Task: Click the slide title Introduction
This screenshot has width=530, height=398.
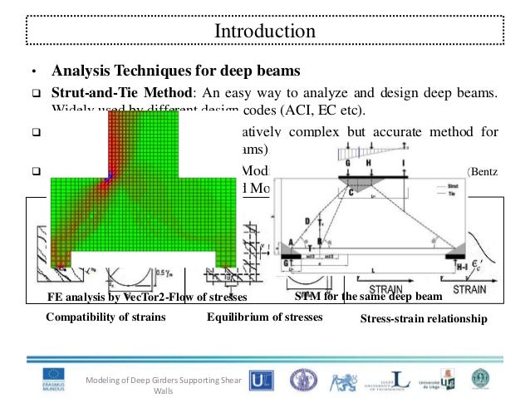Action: [x=265, y=31]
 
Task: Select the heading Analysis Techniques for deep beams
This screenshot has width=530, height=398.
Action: [x=175, y=70]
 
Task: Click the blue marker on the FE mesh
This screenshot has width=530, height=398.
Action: [x=108, y=175]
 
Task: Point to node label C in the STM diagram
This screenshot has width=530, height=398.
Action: [x=351, y=191]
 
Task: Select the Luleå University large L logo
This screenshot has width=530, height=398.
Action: [x=390, y=379]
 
